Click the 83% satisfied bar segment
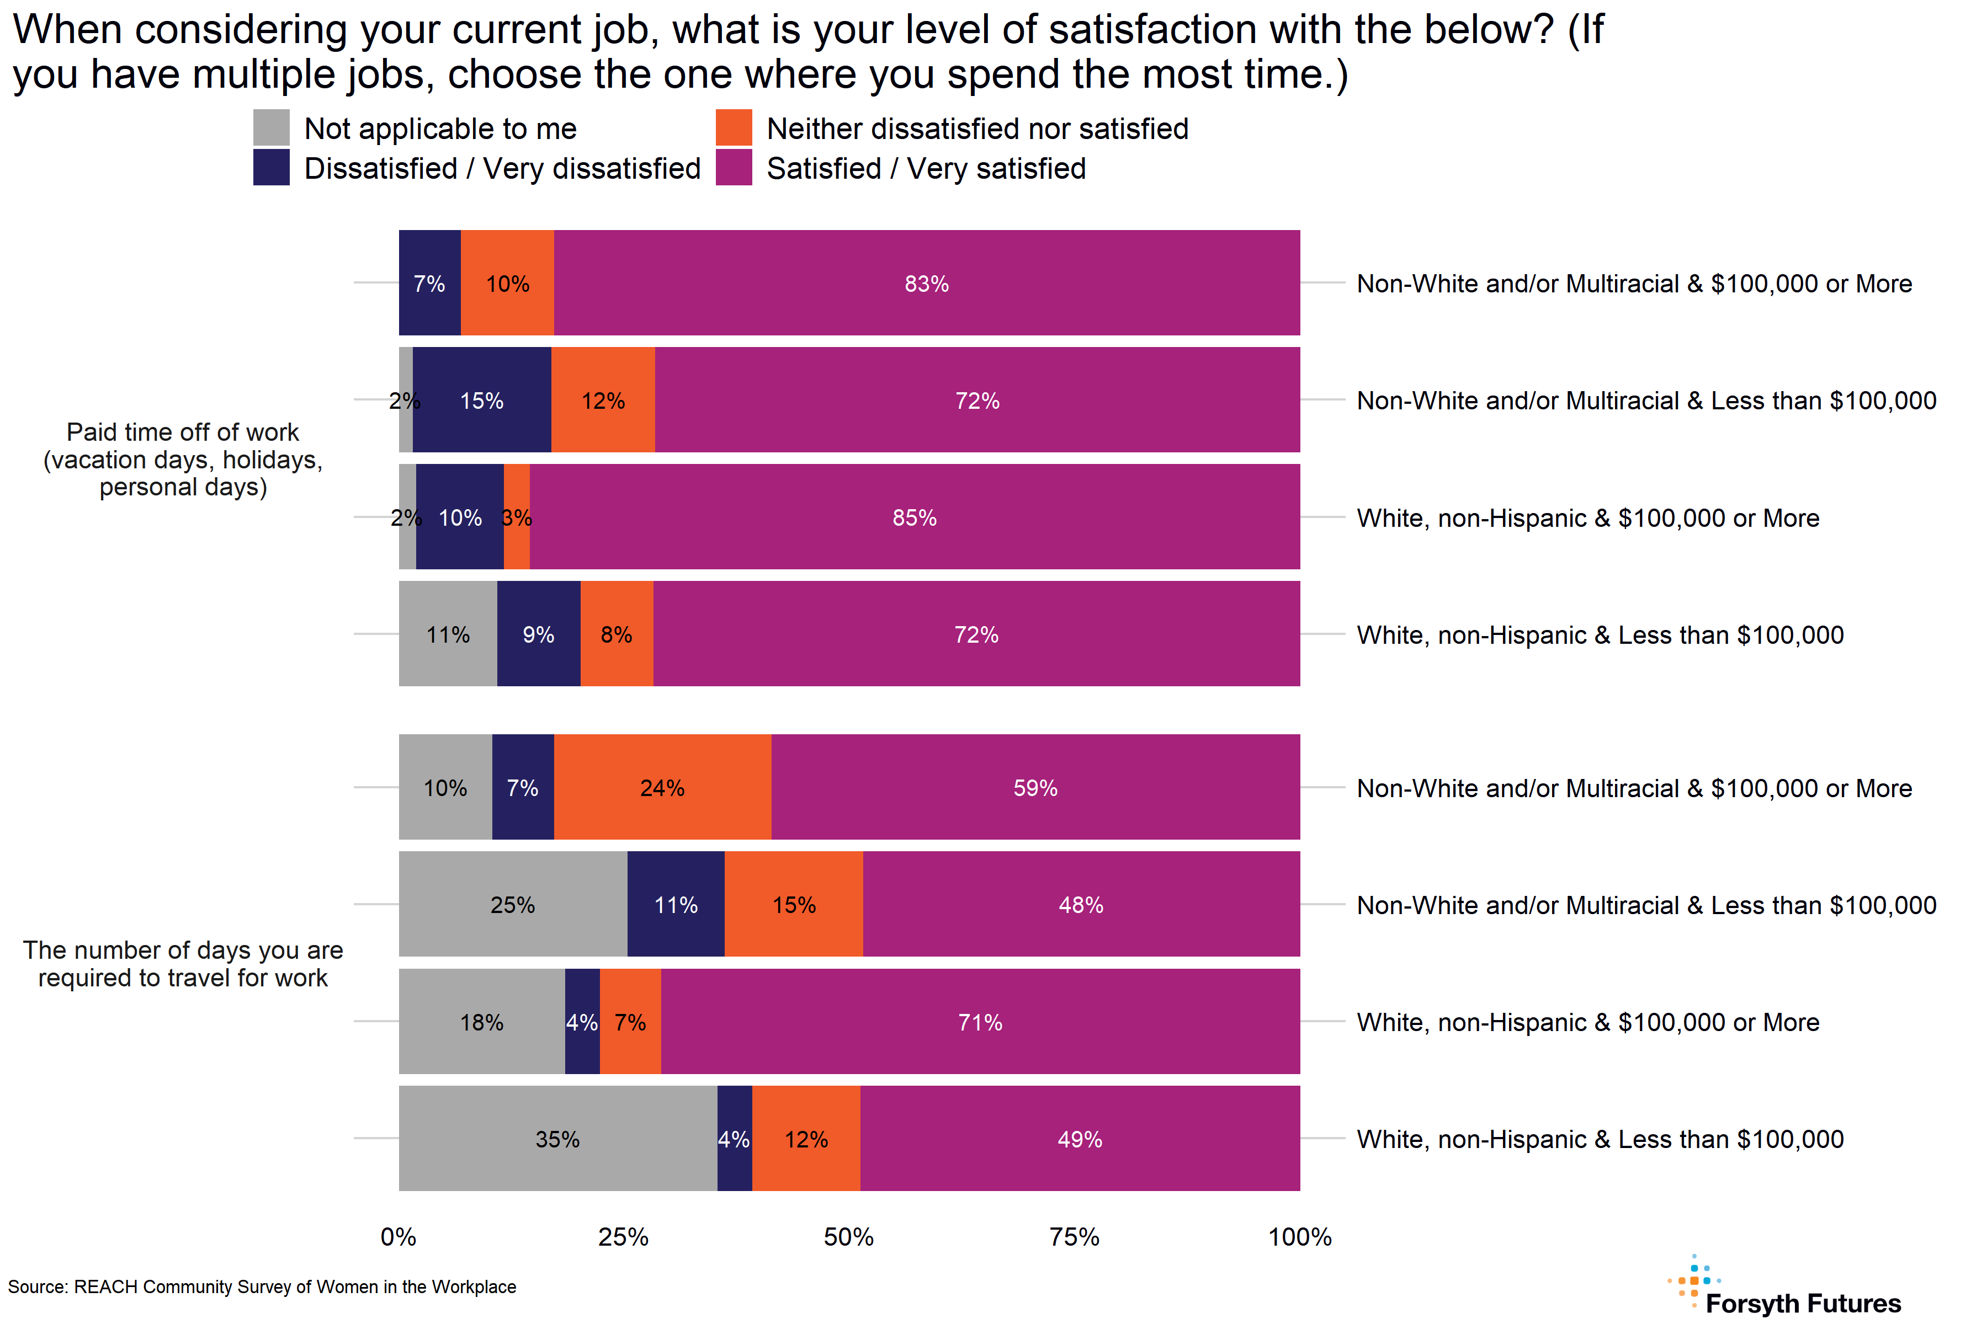pos(926,283)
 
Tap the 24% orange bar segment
pos(662,787)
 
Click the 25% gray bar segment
pos(513,904)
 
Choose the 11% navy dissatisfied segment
pos(676,904)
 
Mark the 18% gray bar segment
pos(481,1022)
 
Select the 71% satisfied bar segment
pos(980,1022)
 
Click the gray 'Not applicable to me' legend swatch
pos(271,127)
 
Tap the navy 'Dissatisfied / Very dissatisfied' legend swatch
pos(271,167)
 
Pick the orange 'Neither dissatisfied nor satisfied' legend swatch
pos(734,127)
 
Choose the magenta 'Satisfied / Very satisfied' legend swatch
pos(734,167)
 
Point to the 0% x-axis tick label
pos(398,1237)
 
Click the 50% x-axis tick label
pos(848,1237)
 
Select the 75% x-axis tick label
pos(1074,1237)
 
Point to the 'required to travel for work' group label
pos(183,963)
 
